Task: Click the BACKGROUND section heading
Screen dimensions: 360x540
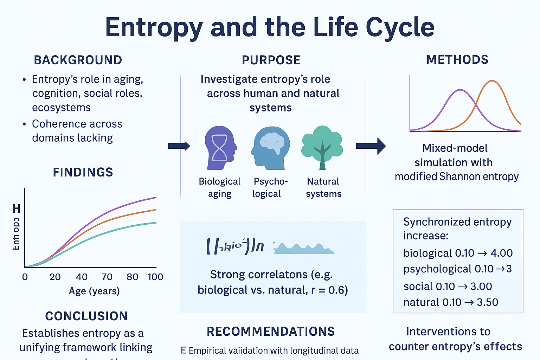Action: (x=78, y=60)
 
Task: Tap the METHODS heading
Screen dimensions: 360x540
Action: (x=457, y=60)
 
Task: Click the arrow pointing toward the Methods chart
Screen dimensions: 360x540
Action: (x=371, y=146)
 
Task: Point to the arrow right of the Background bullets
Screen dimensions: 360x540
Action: (x=179, y=146)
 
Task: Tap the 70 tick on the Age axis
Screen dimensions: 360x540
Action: (x=107, y=277)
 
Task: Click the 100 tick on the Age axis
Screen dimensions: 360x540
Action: (x=155, y=277)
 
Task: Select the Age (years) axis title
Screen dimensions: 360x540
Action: (x=94, y=291)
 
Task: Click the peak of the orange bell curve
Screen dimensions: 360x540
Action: (x=492, y=81)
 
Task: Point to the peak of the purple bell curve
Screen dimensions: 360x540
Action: (x=460, y=90)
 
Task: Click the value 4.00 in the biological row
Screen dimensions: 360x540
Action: (x=502, y=253)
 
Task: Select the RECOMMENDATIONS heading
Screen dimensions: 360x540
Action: (x=271, y=332)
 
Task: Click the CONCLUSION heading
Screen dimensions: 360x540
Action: (x=86, y=316)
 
